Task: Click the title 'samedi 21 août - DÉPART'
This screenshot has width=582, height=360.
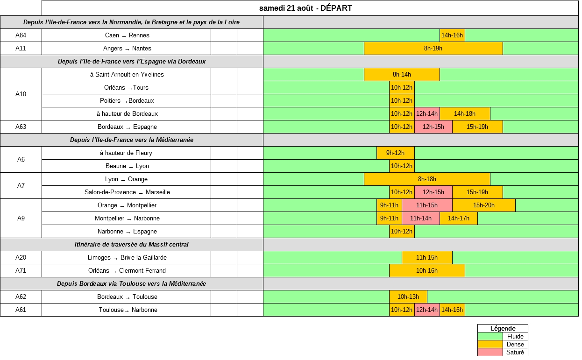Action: tap(305, 8)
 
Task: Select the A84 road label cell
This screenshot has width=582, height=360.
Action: tap(21, 35)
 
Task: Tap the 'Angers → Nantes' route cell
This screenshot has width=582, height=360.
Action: tap(127, 49)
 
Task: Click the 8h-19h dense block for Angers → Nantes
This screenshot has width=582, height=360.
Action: tap(433, 49)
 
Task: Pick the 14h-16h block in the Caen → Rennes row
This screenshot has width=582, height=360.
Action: tap(452, 35)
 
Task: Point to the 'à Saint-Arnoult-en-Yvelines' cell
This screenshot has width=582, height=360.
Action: tap(127, 75)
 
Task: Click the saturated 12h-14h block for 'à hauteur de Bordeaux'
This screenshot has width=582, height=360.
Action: tap(427, 114)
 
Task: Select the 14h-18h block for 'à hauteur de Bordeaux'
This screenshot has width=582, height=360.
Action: tap(465, 114)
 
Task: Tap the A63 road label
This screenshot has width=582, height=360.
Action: tap(21, 127)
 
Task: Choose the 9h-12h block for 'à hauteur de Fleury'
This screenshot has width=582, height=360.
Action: tap(395, 153)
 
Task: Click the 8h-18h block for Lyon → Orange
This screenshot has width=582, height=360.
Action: tap(427, 179)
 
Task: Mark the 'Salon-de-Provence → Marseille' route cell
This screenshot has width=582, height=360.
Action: tap(127, 192)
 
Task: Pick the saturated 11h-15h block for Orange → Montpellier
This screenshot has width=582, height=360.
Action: tap(427, 205)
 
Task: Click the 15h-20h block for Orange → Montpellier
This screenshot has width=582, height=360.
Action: tap(483, 205)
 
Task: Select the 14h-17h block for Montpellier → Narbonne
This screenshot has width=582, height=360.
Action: tap(458, 219)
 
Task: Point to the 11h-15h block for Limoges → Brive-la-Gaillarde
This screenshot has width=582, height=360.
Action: tap(427, 258)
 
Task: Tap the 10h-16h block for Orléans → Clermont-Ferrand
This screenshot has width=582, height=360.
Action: tap(427, 271)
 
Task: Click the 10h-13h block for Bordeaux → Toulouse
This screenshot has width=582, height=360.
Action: tap(408, 297)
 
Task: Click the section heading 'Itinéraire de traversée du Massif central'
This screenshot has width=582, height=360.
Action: tap(132, 245)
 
